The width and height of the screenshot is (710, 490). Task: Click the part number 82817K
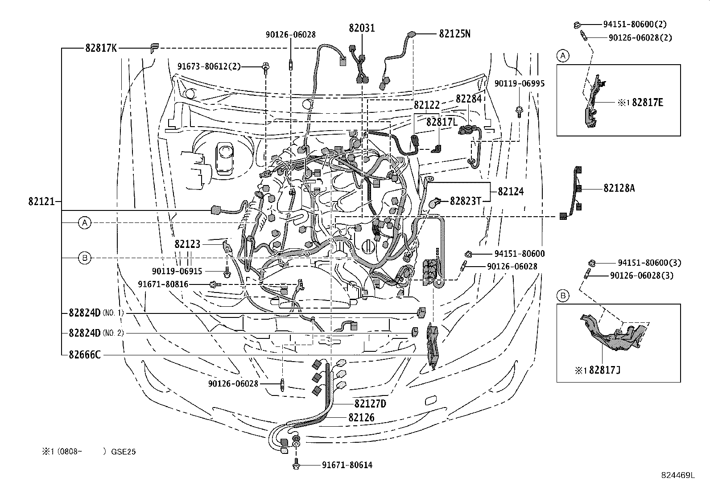pyautogui.click(x=101, y=48)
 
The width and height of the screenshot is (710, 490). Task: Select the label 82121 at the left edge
pyautogui.click(x=41, y=202)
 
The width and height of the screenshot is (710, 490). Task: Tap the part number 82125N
pyautogui.click(x=454, y=33)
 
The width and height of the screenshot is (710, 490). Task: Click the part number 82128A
pyautogui.click(x=619, y=189)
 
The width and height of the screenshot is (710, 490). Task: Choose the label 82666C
pyautogui.click(x=85, y=355)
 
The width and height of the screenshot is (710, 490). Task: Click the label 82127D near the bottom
pyautogui.click(x=370, y=404)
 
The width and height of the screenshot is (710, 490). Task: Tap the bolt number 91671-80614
pyautogui.click(x=347, y=465)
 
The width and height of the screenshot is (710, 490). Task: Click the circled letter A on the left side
pyautogui.click(x=85, y=222)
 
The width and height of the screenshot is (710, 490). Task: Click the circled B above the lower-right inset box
pyautogui.click(x=563, y=295)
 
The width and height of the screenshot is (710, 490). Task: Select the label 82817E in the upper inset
pyautogui.click(x=648, y=103)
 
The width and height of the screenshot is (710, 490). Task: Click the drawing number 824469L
pyautogui.click(x=678, y=475)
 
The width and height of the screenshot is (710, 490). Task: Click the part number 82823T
pyautogui.click(x=465, y=201)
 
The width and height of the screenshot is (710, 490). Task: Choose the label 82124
pyautogui.click(x=511, y=192)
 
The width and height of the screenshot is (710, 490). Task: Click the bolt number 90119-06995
pyautogui.click(x=519, y=83)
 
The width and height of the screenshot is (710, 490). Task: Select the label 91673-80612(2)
pyautogui.click(x=209, y=67)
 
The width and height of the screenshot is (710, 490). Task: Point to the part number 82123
pyautogui.click(x=187, y=244)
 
